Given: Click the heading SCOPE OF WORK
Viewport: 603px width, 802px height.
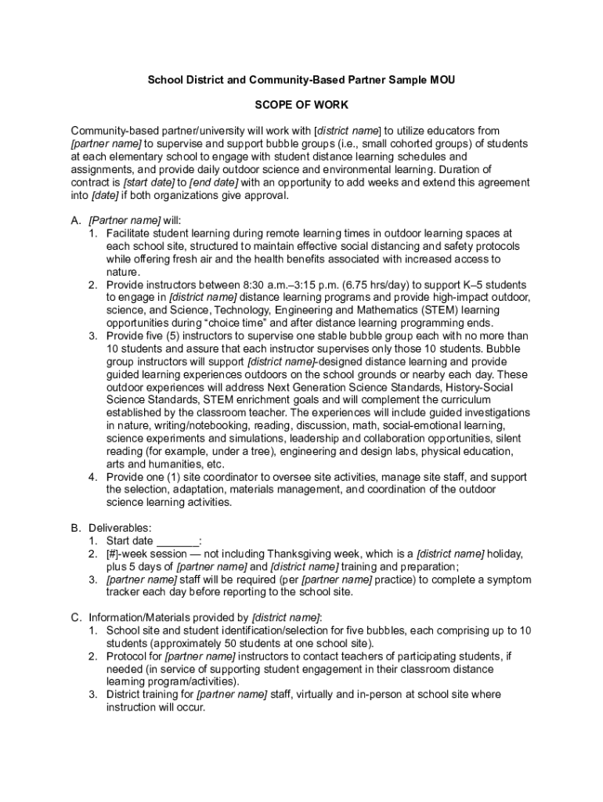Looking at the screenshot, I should pyautogui.click(x=301, y=105).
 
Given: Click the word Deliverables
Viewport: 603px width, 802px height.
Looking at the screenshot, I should pyautogui.click(x=120, y=528).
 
